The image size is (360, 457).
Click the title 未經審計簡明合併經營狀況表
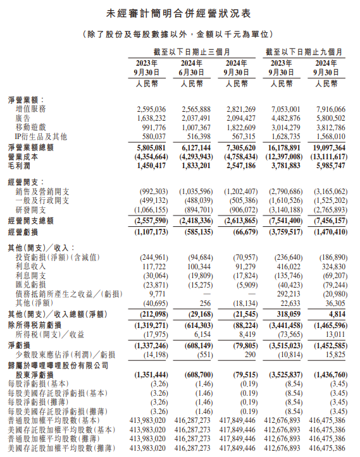point(180,13)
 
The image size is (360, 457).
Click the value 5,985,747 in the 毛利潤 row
point(327,164)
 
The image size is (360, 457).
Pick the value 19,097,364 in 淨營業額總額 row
point(326,146)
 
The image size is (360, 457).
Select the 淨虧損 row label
point(22,346)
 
